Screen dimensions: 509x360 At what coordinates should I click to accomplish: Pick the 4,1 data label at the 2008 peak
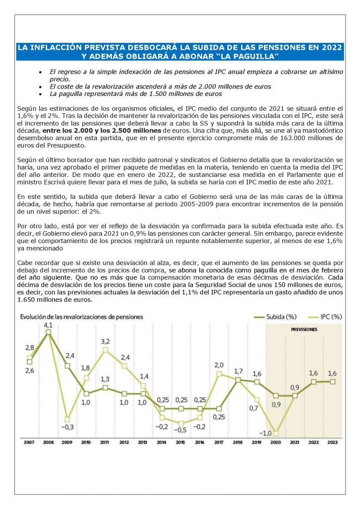coord(48,325)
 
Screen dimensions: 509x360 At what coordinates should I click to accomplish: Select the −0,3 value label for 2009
coord(68,426)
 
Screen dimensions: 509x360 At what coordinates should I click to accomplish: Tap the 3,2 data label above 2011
coord(105,341)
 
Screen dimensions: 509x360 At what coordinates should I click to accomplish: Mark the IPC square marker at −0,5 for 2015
coord(181,424)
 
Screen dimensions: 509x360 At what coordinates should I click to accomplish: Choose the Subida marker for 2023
coord(333,381)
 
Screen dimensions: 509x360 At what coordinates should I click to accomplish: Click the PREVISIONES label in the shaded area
coord(304,329)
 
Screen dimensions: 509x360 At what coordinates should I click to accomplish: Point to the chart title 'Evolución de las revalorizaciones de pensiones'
coord(82,316)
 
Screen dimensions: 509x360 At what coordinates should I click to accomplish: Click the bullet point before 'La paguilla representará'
coord(40,93)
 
